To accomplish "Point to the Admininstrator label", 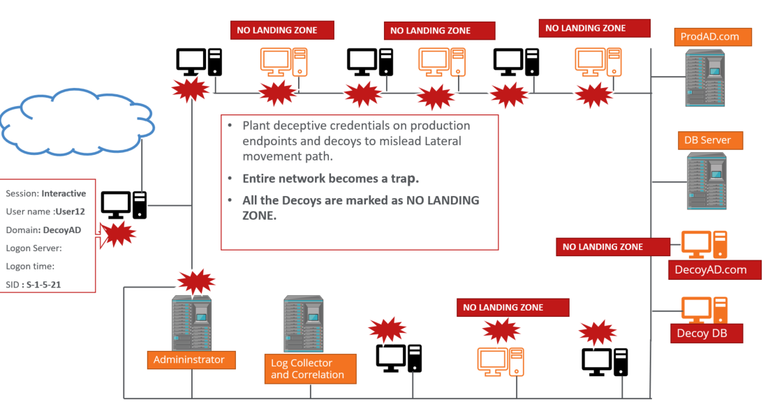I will [x=191, y=360].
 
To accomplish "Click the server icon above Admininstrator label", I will [x=192, y=322].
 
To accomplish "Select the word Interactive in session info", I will [x=64, y=193].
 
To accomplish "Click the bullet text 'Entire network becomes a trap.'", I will [x=330, y=179].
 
